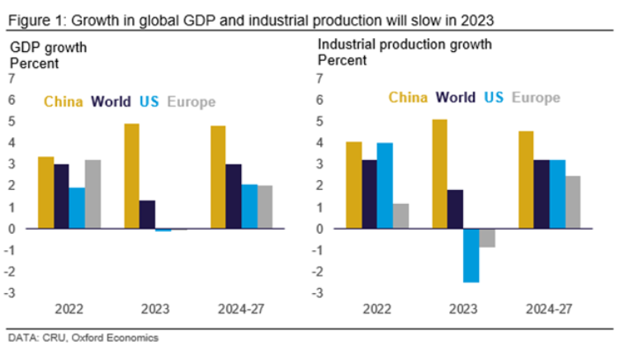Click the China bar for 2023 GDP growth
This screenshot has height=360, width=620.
tap(131, 176)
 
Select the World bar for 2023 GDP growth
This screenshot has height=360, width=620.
tap(147, 214)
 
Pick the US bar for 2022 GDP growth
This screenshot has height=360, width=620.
tap(76, 207)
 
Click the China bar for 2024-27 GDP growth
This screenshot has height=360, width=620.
tap(218, 177)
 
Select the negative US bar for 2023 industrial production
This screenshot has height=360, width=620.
tap(471, 255)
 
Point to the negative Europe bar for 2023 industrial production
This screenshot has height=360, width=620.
tap(487, 238)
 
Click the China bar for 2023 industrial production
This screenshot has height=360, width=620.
tap(439, 173)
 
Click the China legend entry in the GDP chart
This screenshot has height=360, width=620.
tap(64, 102)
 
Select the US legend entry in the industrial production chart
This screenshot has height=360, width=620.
tap(494, 97)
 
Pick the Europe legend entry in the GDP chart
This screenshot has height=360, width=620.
tap(191, 102)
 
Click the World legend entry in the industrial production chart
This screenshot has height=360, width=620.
tap(456, 97)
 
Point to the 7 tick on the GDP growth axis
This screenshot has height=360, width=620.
tap(11, 79)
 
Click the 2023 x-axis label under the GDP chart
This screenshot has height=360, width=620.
tap(155, 310)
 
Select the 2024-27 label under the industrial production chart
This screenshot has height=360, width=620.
tap(548, 310)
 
